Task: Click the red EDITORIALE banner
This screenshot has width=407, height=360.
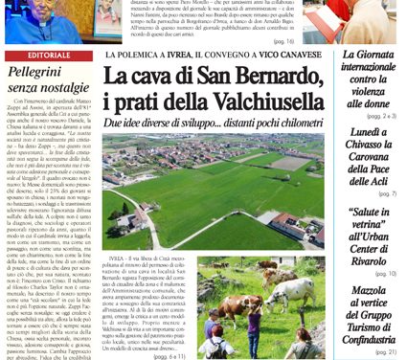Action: pos(49,56)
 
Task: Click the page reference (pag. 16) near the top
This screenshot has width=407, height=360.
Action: pos(308,43)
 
